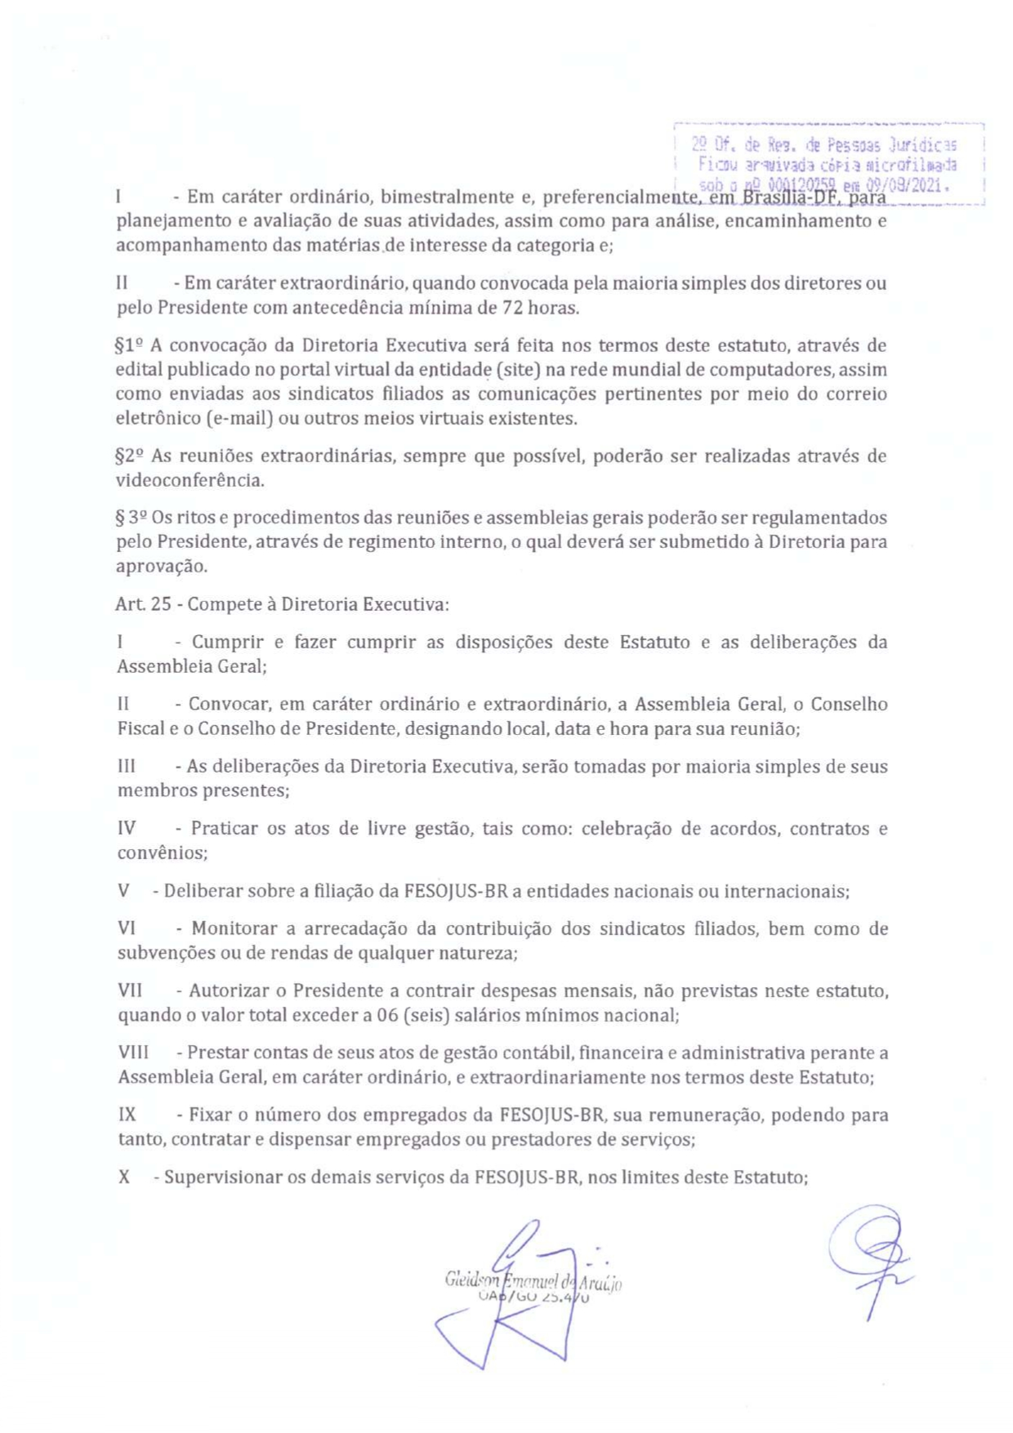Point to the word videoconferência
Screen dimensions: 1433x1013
[x=190, y=480]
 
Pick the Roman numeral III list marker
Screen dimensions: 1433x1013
[x=127, y=767]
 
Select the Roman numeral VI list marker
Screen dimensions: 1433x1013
[x=127, y=928]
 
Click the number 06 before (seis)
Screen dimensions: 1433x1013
[x=386, y=1016]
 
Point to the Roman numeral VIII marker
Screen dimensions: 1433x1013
[x=133, y=1053]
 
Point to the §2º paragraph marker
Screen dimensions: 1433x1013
[x=130, y=456]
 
